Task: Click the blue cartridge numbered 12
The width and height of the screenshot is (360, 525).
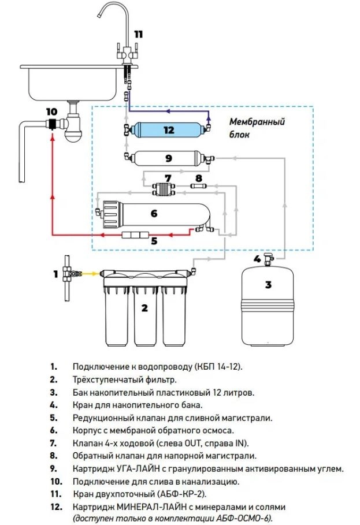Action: [x=169, y=129]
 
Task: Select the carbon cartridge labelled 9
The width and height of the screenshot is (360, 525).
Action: [x=169, y=158]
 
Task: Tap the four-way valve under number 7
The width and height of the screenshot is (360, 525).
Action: [x=164, y=189]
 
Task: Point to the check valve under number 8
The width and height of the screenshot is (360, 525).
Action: [x=199, y=186]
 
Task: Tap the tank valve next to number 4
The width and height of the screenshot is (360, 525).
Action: [x=269, y=259]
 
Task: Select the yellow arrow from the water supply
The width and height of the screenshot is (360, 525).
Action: [x=91, y=274]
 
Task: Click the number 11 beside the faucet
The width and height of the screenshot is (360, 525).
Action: [x=139, y=34]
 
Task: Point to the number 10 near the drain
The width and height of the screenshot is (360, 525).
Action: [x=52, y=111]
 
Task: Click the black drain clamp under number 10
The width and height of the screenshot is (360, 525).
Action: [x=52, y=124]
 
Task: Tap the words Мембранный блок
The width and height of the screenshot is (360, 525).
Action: [x=257, y=128]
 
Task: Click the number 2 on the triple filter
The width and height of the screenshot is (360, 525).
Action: [x=144, y=308]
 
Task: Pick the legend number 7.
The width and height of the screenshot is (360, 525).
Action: [x=53, y=444]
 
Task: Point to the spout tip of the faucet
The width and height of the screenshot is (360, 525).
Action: [x=99, y=15]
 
